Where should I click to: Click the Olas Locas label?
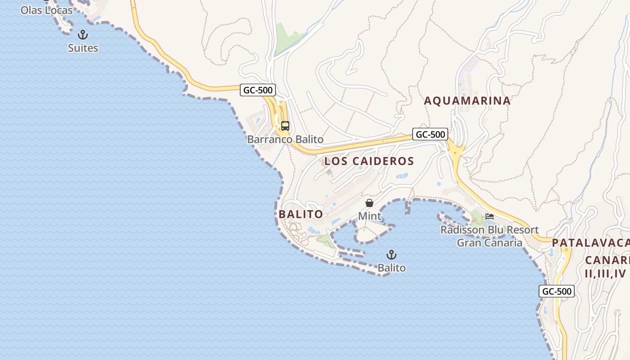pyautogui.click(x=46, y=10)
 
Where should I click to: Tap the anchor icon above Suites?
pyautogui.click(x=83, y=35)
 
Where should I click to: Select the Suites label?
pyautogui.click(x=83, y=48)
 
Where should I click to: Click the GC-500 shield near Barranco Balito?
pyautogui.click(x=258, y=90)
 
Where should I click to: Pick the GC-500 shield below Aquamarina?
pyautogui.click(x=430, y=134)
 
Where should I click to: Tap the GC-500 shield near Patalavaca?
pyautogui.click(x=557, y=291)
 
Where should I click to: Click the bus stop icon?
pyautogui.click(x=285, y=126)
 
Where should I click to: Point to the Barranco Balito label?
pyautogui.click(x=285, y=139)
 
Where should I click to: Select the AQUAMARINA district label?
pyautogui.click(x=468, y=101)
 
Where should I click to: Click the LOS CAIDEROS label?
pyautogui.click(x=369, y=161)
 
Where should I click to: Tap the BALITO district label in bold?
pyautogui.click(x=301, y=214)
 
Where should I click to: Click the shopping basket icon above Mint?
pyautogui.click(x=369, y=203)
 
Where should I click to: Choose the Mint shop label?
pyautogui.click(x=369, y=216)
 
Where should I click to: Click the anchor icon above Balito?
pyautogui.click(x=391, y=255)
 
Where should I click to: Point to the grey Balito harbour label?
pyautogui.click(x=391, y=268)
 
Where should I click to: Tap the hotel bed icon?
pyautogui.click(x=490, y=216)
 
